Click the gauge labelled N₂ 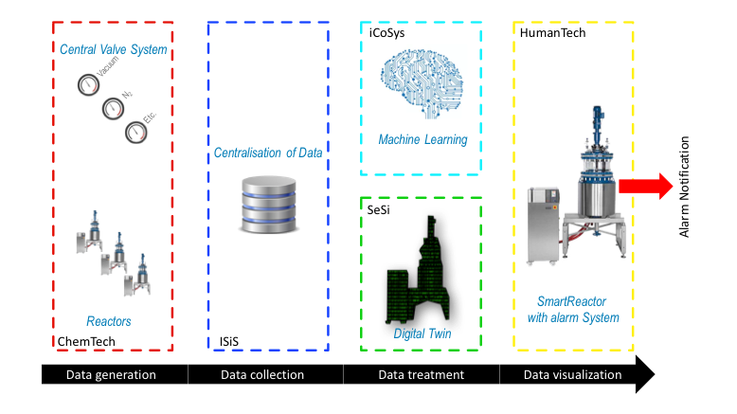[114, 112]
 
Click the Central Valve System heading [113, 50]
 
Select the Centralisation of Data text [268, 153]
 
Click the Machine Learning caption [422, 139]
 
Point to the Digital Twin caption [422, 333]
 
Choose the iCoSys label [387, 33]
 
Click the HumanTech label [553, 33]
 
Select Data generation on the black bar [111, 375]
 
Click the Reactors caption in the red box [109, 322]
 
